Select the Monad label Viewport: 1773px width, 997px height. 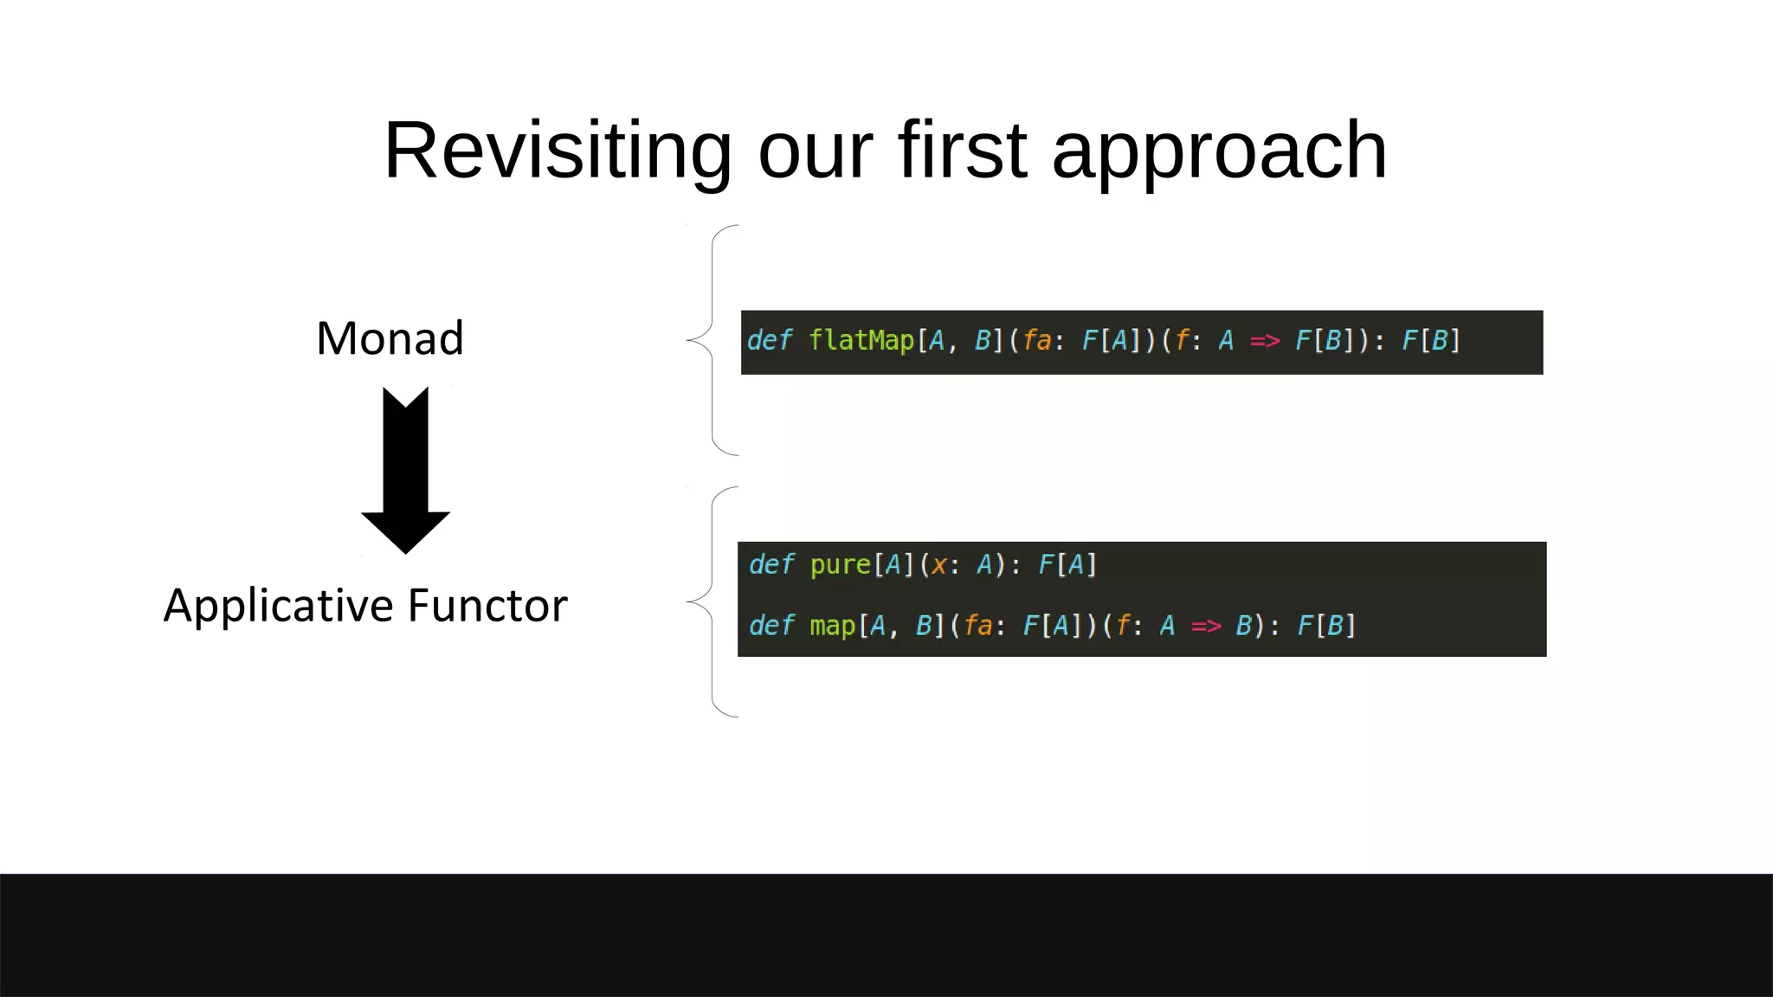click(x=390, y=338)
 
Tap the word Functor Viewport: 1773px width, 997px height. click(x=487, y=606)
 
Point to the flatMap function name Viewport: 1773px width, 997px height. click(x=861, y=340)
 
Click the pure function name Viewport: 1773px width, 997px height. click(x=840, y=565)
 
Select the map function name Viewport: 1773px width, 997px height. click(x=832, y=625)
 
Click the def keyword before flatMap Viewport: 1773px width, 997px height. click(x=769, y=340)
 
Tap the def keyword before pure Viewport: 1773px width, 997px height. click(x=770, y=565)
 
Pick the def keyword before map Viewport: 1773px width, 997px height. click(x=770, y=625)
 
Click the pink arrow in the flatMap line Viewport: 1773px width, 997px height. click(x=1265, y=341)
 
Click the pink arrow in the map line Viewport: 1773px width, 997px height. click(x=1206, y=626)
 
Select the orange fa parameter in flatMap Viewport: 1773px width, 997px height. click(x=1036, y=341)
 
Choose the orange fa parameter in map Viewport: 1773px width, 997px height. click(x=977, y=626)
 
